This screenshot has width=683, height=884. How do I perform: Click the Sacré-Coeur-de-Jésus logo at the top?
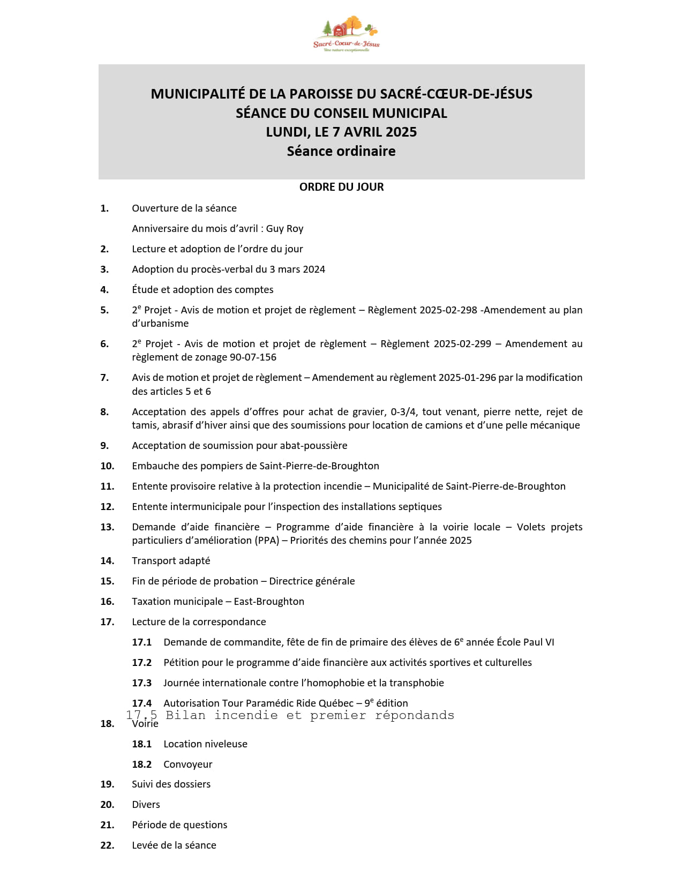[x=347, y=34]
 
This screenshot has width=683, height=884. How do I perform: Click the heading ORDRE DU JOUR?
[x=341, y=187]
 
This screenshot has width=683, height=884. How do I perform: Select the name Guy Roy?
[x=284, y=229]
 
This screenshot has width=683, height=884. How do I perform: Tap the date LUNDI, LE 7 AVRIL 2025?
[x=341, y=132]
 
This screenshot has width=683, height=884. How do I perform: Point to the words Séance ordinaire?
[x=341, y=152]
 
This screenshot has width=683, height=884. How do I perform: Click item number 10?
[x=107, y=466]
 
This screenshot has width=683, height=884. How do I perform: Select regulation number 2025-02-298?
[x=448, y=310]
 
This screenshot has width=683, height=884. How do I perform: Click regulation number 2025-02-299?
[x=462, y=344]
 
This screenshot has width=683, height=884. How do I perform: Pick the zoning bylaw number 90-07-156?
[x=253, y=357]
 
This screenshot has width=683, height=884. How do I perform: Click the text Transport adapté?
[x=171, y=561]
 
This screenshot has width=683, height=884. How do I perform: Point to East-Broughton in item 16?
[x=269, y=602]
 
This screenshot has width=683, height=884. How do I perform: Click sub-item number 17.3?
[x=142, y=683]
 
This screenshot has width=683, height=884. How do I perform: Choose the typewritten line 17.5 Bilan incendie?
[x=290, y=715]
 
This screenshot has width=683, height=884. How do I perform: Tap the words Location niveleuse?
[x=205, y=744]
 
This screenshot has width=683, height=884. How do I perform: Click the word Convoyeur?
[x=188, y=765]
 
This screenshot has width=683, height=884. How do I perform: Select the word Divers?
[x=146, y=805]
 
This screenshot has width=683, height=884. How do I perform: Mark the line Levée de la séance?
[x=174, y=845]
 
